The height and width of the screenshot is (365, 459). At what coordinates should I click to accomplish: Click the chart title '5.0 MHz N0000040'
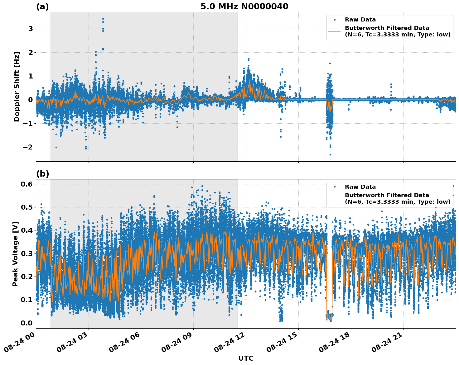coord(244,7)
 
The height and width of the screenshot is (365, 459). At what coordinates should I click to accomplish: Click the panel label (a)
coord(42,7)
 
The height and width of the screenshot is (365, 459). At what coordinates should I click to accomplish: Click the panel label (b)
coord(42,174)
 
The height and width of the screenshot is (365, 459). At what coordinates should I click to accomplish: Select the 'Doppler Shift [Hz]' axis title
coord(17,87)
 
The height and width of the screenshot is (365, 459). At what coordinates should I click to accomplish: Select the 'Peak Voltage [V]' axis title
coord(15,254)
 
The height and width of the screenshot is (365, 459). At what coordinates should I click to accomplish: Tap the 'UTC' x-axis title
coord(246,358)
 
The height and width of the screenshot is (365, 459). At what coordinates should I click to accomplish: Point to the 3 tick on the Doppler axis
coord(31,29)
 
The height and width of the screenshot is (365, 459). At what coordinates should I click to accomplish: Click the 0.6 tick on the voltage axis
coord(26,184)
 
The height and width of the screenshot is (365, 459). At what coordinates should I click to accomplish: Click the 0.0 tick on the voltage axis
coord(26,323)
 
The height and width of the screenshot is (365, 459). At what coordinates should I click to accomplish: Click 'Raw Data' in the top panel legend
coord(360,20)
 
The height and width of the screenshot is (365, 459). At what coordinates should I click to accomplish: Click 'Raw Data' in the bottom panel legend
coord(360,187)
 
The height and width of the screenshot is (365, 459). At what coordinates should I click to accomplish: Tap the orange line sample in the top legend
coord(334,31)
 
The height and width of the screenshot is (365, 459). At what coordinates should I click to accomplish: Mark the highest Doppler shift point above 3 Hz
coord(103,19)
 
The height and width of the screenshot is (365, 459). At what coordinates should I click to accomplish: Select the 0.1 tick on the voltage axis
coord(26,300)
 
